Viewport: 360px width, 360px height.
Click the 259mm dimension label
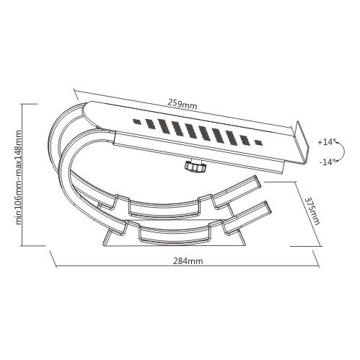point(182,105)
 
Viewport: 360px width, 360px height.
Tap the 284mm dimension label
point(188,261)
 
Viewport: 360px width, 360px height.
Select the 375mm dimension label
point(312,211)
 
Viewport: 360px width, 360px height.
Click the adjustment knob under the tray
point(196,167)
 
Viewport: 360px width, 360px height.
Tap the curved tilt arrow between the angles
point(343,152)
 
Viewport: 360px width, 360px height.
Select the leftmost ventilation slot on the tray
point(137,121)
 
